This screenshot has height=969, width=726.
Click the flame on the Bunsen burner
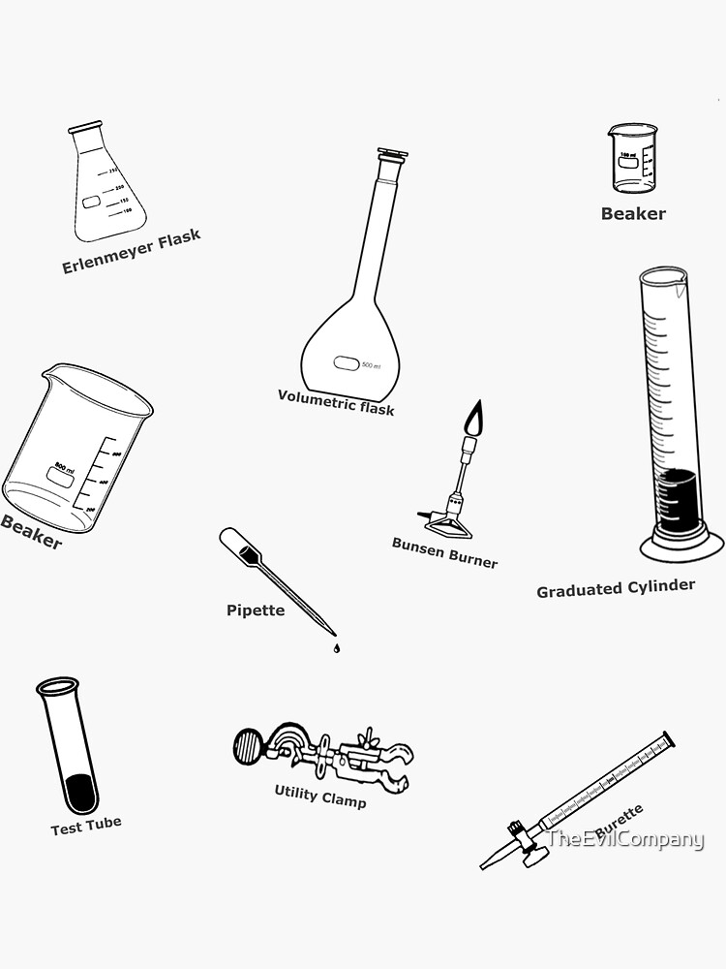pos(473,421)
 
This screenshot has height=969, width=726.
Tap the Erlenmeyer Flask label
pos(132,252)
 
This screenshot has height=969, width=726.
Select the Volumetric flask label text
pos(336,401)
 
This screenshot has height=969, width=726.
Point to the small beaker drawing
pos(632,158)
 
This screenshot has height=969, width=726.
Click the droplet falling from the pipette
pos(336,648)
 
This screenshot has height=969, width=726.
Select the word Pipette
pos(256,610)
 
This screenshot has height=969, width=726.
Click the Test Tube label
pos(86,826)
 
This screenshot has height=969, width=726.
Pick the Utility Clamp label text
pos(320,796)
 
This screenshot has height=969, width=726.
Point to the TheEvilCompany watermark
pos(625,840)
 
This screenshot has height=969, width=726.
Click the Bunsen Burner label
pos(444,552)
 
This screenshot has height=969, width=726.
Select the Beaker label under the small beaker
pos(633,214)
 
